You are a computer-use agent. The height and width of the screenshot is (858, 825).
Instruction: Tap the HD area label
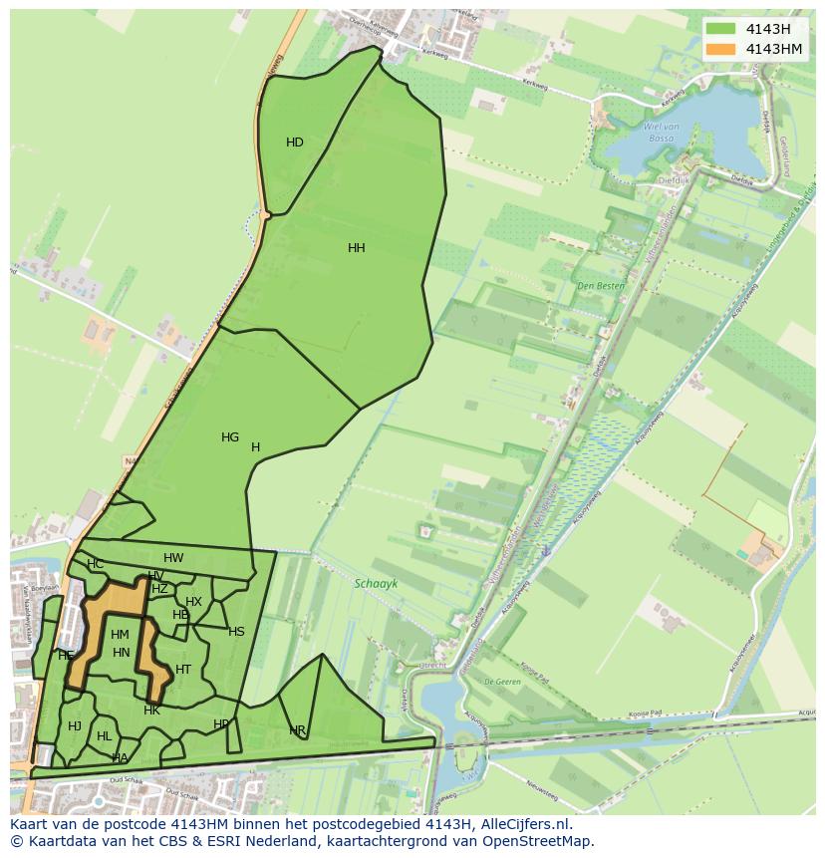295,143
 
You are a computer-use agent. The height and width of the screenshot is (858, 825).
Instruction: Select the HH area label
356,248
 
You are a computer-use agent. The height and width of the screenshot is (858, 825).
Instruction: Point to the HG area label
230,437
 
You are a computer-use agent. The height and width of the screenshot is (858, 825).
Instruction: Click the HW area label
173,558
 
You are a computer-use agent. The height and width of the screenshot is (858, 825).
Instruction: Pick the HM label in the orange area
120,635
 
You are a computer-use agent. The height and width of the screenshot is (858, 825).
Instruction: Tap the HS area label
236,632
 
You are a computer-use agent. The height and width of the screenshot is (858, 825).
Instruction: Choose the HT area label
183,670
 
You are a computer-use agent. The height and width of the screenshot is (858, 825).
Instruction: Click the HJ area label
75,726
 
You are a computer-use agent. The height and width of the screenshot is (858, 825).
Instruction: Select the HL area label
104,736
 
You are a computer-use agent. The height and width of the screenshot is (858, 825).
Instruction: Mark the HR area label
297,731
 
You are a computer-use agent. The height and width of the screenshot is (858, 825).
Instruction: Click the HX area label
193,602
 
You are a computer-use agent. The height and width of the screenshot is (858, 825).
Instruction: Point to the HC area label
95,564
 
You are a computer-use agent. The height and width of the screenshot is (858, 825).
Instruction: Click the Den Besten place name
600,286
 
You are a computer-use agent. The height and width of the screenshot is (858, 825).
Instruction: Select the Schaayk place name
375,585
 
